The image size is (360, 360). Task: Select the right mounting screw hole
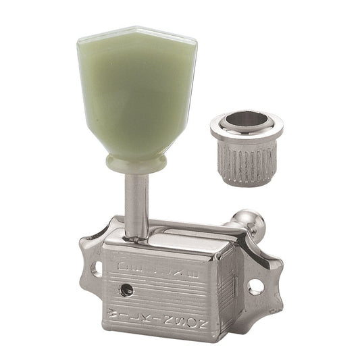coord(256,286)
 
